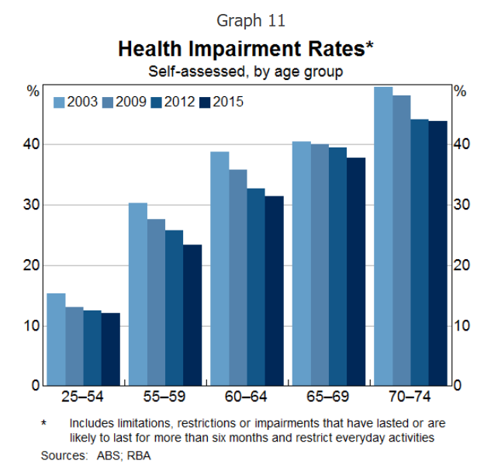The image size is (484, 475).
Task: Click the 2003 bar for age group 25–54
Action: pos(56,339)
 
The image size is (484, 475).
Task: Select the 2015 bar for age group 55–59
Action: pos(192,315)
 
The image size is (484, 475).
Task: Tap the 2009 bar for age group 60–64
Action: pos(238,277)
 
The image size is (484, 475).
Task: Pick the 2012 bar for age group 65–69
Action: pos(337,266)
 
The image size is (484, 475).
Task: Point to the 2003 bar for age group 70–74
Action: pos(383,236)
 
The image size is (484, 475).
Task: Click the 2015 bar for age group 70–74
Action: pos(438,253)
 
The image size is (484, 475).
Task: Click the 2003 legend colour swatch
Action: pos(59,102)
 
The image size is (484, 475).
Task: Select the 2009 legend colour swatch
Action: pos(108,102)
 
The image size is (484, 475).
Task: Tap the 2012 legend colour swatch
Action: pos(157,102)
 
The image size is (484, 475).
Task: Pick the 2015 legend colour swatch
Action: pos(205,102)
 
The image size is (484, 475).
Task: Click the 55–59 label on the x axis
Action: pos(165,398)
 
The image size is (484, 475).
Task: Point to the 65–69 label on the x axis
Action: pos(329,398)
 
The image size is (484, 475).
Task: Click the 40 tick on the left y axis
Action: pos(33,144)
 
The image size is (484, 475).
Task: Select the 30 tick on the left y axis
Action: pos(33,205)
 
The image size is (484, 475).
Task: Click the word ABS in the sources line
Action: pos(104,456)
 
